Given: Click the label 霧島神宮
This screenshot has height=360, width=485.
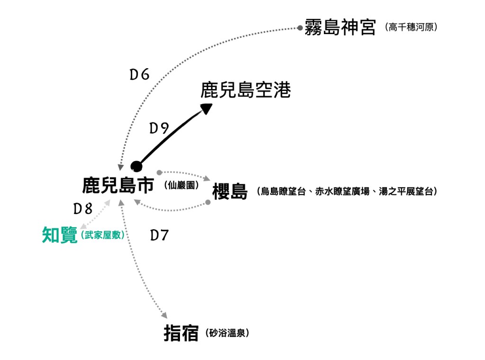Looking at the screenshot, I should (x=340, y=27).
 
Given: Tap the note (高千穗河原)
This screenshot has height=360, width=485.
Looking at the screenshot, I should (x=411, y=27).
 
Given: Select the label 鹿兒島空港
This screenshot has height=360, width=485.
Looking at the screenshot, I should (x=245, y=90).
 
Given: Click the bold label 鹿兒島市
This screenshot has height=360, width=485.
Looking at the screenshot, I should (x=118, y=185).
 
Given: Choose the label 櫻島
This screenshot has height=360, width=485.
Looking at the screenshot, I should (x=230, y=192).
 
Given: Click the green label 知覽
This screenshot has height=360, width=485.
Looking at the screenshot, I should (x=60, y=235).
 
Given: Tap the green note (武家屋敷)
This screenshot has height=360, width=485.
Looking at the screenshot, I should (x=103, y=235).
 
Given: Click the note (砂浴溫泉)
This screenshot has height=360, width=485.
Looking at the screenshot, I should (x=228, y=333).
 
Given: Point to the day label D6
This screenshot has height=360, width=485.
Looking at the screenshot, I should (x=140, y=74).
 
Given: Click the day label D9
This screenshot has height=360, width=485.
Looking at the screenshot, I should (x=159, y=128).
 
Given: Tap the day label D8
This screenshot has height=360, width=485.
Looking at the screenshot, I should (x=82, y=208).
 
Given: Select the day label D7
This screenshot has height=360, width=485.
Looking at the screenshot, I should (x=160, y=235).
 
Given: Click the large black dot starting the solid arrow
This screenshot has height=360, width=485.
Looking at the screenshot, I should (x=136, y=166).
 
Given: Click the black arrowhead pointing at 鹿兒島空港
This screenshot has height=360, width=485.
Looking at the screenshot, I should (x=207, y=108).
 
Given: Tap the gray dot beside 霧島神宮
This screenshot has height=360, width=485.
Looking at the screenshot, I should (x=300, y=28).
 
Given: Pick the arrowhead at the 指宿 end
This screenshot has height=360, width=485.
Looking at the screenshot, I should (x=164, y=315).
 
